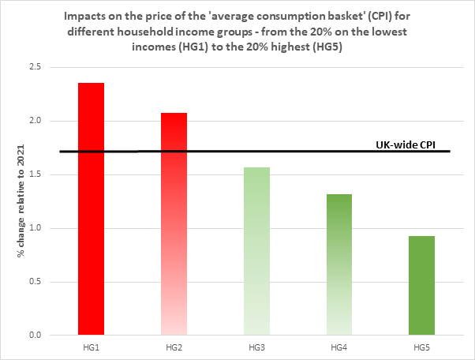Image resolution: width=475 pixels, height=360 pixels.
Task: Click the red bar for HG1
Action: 92,209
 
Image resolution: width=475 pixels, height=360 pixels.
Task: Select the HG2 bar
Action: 174,224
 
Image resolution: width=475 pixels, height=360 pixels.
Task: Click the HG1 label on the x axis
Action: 92,347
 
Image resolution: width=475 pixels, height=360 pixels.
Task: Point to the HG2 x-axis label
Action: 174,347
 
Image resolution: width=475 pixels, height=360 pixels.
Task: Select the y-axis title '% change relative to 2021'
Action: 13,201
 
